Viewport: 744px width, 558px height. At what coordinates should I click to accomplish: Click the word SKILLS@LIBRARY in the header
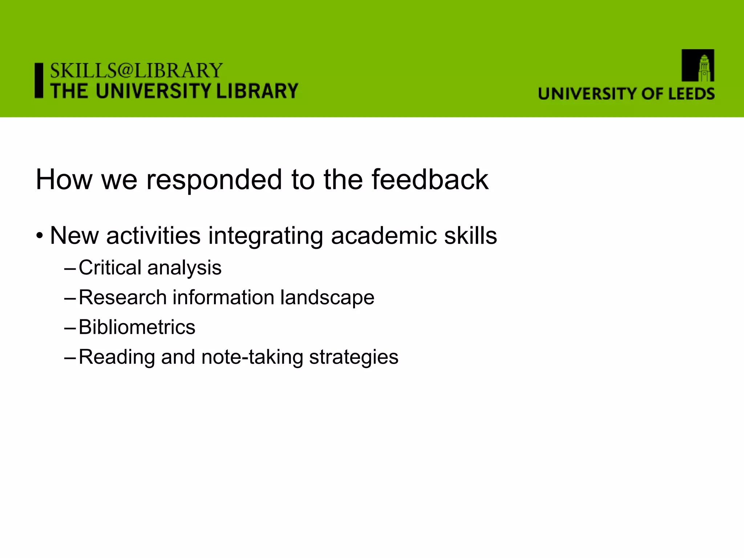(136, 70)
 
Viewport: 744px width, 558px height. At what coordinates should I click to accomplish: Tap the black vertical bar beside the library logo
(39, 81)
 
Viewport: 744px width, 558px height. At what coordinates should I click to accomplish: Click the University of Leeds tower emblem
(697, 65)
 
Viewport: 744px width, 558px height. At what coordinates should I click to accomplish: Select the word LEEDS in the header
(691, 94)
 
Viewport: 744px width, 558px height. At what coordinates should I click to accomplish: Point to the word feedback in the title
(430, 179)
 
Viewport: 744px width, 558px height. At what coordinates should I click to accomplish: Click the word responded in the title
(214, 179)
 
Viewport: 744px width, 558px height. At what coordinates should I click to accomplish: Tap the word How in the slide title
(64, 179)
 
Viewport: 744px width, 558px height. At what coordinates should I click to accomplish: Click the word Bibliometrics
(137, 327)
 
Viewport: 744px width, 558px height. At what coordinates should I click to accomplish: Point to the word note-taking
(252, 357)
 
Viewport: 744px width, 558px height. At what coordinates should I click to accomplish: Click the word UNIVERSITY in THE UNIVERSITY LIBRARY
(154, 91)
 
